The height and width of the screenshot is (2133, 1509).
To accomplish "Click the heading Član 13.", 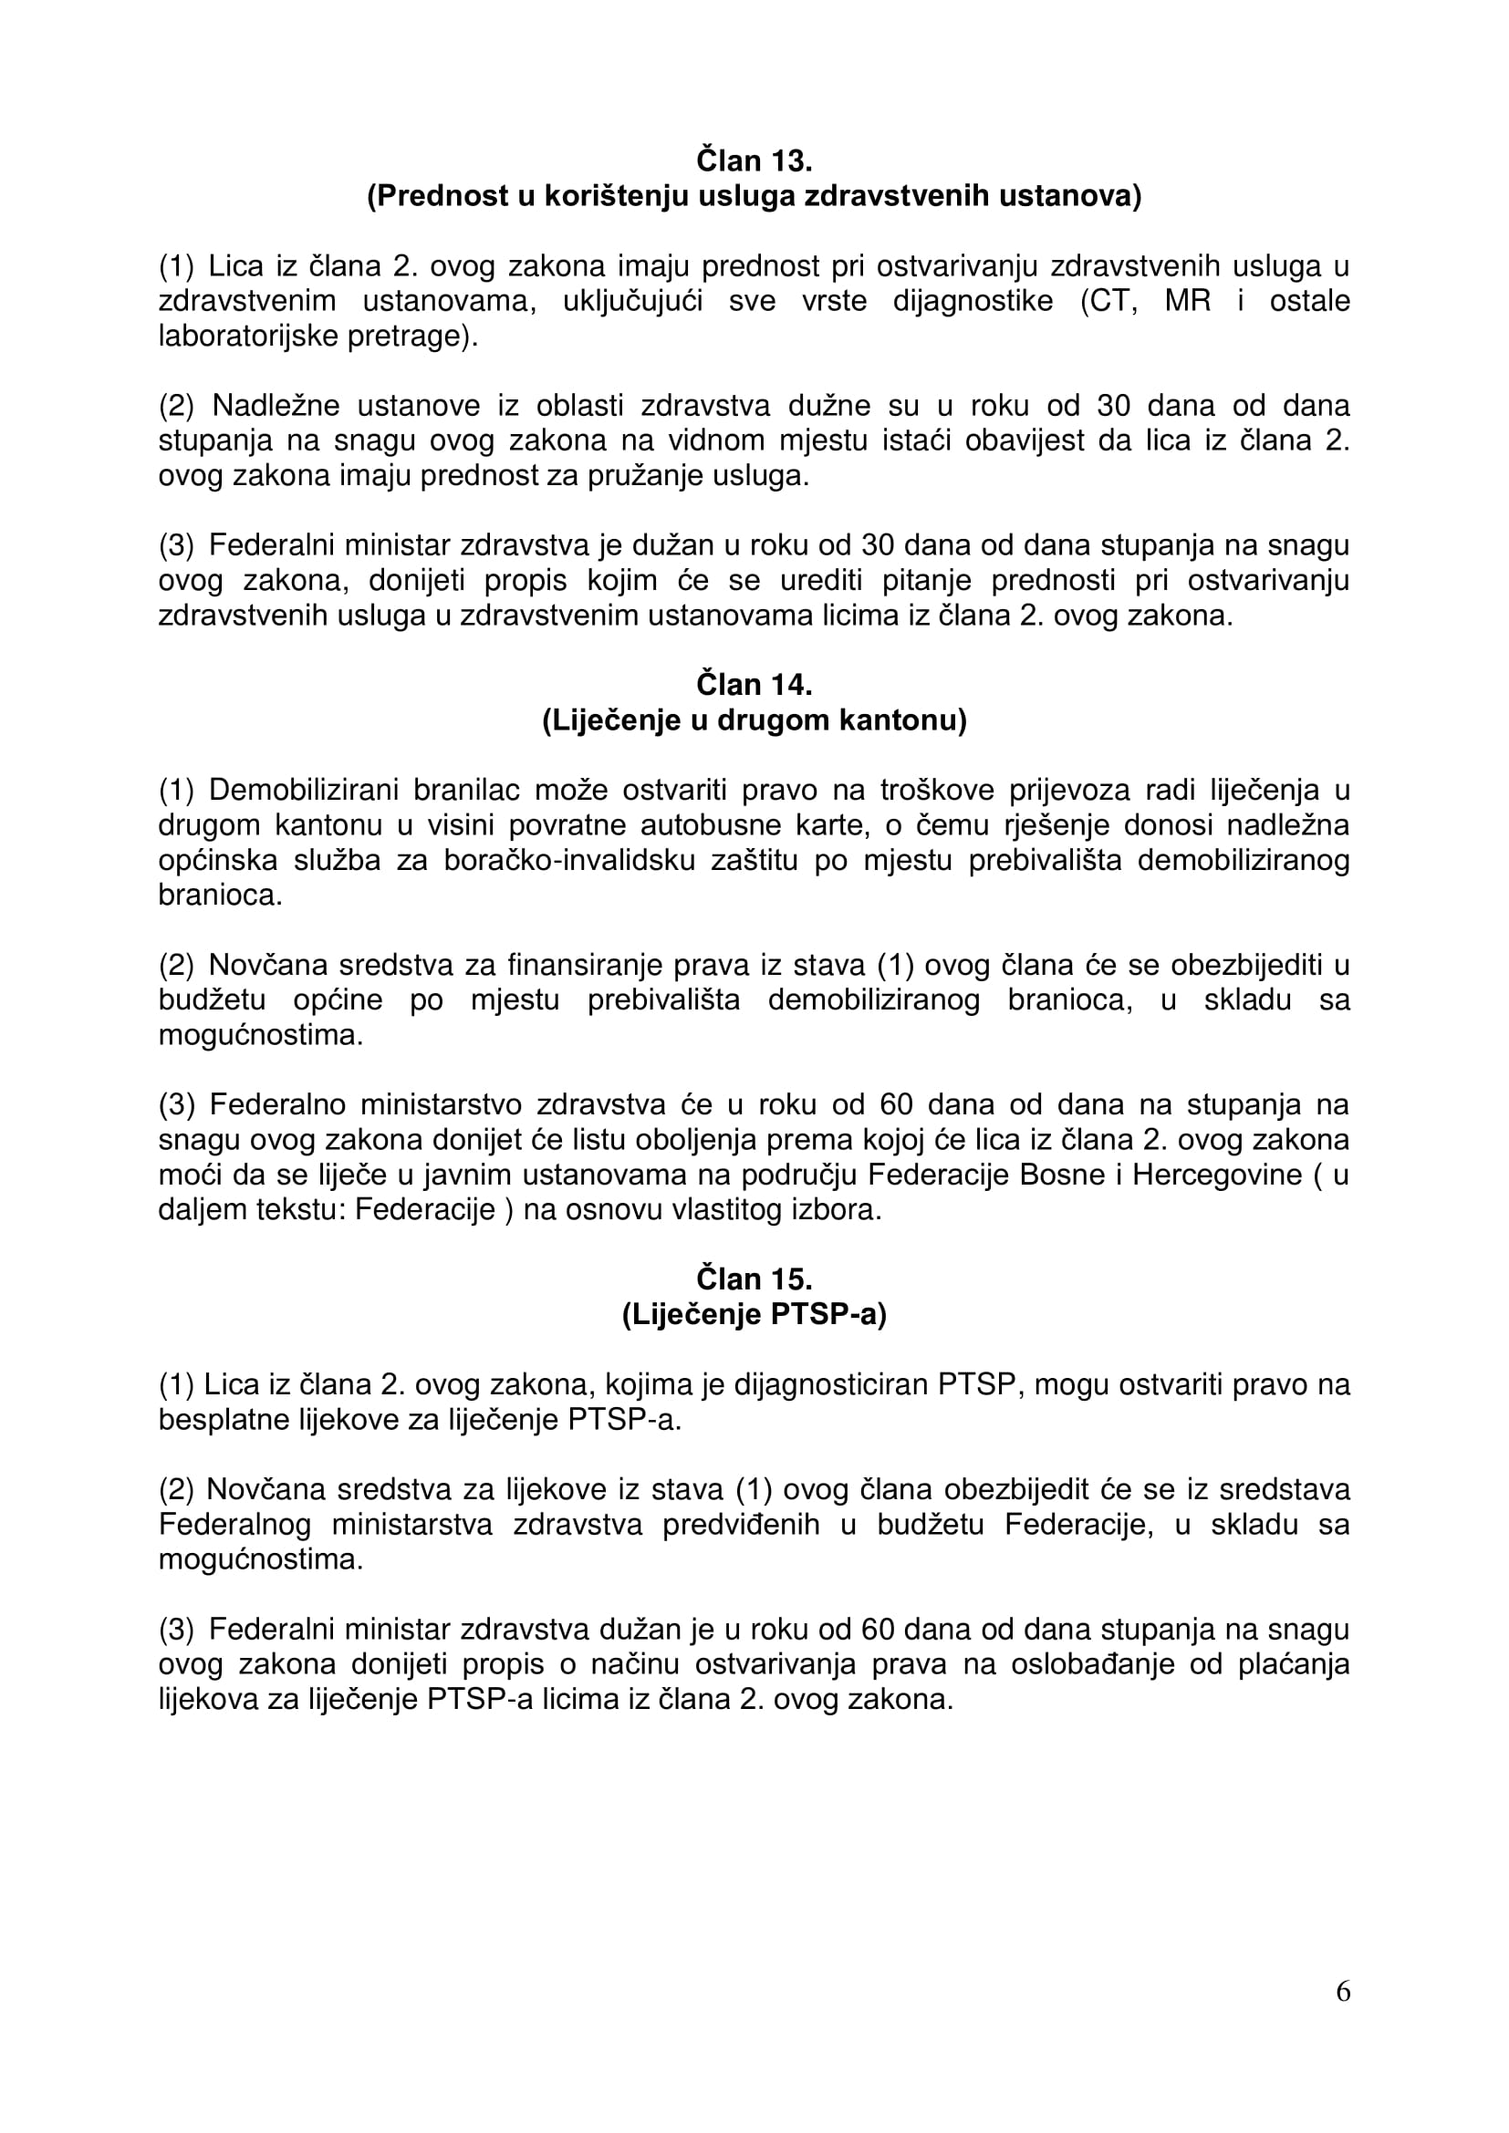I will [754, 160].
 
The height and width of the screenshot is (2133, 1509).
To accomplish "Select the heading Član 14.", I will [754, 685].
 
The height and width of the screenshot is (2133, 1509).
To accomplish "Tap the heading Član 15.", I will [754, 1279].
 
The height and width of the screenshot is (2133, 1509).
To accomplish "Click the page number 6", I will [1343, 2017].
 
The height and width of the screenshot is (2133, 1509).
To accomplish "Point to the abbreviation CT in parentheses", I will [1110, 301].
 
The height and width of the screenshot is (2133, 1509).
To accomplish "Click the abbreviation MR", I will [1188, 301].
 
